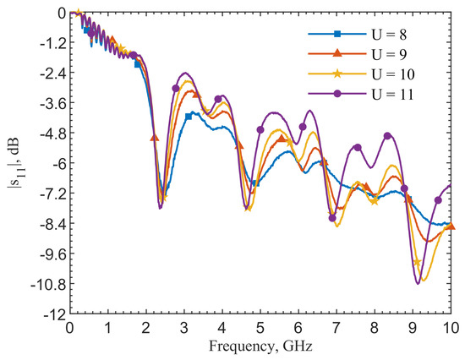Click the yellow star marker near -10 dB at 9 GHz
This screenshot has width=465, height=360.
click(x=418, y=263)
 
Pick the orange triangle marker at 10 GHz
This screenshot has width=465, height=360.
click(x=451, y=226)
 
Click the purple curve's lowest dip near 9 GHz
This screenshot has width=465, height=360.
click(x=418, y=283)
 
